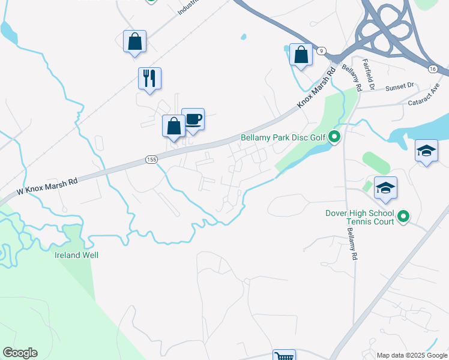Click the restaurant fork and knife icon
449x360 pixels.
[149, 78]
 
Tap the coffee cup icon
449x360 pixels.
[193, 119]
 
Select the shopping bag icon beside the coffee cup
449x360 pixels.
[173, 126]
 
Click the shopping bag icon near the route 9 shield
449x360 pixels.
[300, 55]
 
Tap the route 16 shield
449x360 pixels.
[433, 69]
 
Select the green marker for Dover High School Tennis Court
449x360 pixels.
[403, 217]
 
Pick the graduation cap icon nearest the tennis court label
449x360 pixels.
[385, 188]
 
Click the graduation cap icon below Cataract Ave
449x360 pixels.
[426, 151]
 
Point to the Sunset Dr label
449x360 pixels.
[400, 86]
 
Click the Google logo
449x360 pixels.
[20, 353]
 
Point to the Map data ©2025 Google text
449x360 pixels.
[412, 355]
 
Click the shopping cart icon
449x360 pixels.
[284, 356]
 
